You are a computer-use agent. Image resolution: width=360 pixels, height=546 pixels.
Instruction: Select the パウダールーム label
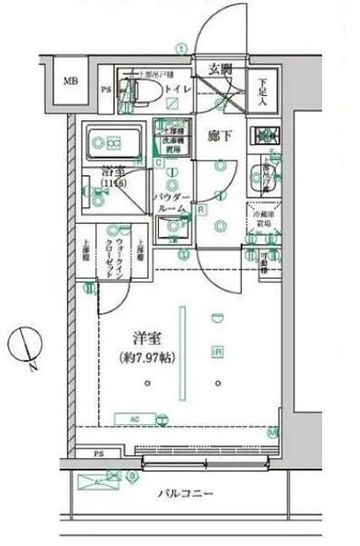pyautogui.click(x=173, y=204)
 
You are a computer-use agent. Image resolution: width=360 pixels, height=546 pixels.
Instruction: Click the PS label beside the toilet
pyautogui.click(x=106, y=90)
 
